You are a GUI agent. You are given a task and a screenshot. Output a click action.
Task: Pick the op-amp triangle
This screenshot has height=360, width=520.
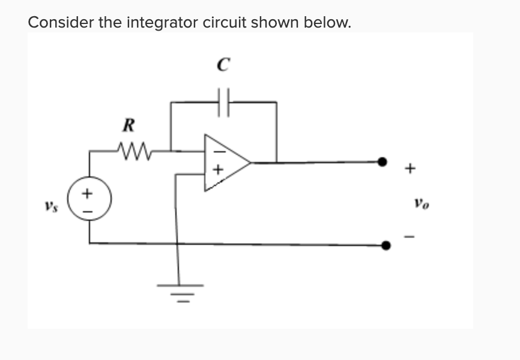(x=225, y=162)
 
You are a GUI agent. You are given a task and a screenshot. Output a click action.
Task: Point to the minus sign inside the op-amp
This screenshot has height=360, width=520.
(x=217, y=146)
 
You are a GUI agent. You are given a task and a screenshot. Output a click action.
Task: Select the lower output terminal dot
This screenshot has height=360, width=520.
(x=386, y=245)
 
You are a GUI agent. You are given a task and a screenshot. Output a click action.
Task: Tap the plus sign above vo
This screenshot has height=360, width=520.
(x=410, y=169)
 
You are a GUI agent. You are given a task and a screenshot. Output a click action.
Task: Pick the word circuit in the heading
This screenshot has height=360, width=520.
(x=225, y=22)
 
